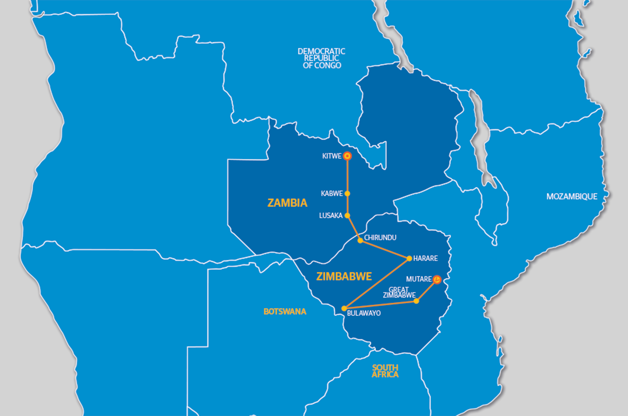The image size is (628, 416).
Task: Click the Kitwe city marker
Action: (x=347, y=156)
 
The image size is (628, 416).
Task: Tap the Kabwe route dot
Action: (x=347, y=193)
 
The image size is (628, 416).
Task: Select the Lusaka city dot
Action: (x=347, y=215)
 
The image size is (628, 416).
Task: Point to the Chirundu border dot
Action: (x=360, y=241)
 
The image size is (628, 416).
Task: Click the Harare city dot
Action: (x=409, y=258)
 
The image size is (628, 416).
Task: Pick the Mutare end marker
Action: (x=437, y=280)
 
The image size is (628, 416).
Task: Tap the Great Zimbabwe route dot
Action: (x=416, y=301)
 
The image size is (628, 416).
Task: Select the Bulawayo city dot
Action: (x=344, y=308)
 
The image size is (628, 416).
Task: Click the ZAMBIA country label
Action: (x=287, y=203)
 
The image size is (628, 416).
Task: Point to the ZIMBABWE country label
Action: (x=344, y=277)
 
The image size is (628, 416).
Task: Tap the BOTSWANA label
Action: (x=285, y=312)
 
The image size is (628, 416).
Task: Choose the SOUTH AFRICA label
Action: (x=385, y=371)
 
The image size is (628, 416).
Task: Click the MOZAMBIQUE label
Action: (x=571, y=197)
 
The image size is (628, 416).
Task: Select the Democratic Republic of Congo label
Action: (x=321, y=58)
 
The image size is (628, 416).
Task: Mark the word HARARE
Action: (x=425, y=258)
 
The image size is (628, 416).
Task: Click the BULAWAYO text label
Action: (x=364, y=313)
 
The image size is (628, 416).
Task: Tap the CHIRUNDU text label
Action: (x=380, y=237)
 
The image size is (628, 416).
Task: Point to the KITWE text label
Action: (x=332, y=156)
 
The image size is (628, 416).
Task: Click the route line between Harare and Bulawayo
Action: (x=377, y=283)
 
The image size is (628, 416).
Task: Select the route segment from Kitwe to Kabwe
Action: (x=347, y=175)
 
